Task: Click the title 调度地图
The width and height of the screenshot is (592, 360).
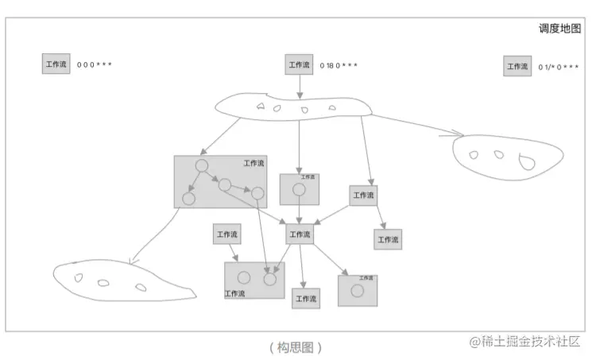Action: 559,29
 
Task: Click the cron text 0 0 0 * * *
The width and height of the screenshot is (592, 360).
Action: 94,64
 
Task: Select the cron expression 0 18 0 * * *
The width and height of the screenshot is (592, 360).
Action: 339,65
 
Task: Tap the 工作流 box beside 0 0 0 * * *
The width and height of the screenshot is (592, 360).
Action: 56,64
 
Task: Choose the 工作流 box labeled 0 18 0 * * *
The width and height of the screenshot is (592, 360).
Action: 299,64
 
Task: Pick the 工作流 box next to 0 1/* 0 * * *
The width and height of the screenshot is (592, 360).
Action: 517,66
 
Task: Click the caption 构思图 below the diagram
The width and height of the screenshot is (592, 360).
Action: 296,347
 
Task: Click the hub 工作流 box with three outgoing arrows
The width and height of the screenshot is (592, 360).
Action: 299,234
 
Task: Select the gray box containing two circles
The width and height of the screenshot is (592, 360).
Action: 254,280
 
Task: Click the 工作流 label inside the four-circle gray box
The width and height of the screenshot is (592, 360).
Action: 253,164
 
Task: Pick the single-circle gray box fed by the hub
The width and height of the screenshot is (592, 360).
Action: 357,290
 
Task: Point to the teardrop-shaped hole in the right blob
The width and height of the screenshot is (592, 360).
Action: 526,163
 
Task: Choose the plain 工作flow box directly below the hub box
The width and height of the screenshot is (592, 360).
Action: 306,298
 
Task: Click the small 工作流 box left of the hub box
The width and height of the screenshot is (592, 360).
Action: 226,234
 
